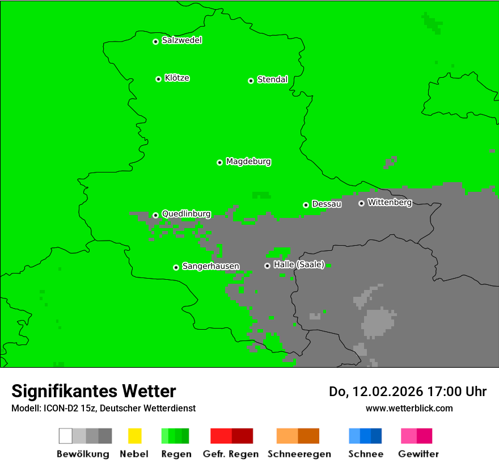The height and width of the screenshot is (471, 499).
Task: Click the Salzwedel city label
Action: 181,40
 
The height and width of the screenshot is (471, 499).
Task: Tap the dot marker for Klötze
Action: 158,79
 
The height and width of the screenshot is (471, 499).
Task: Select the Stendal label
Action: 272,79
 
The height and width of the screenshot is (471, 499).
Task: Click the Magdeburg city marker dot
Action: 219,162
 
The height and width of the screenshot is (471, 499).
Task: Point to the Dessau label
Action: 327,204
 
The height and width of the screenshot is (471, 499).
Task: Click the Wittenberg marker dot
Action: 361,203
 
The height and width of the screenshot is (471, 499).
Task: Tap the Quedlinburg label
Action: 186,214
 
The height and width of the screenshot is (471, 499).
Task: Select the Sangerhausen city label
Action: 210,266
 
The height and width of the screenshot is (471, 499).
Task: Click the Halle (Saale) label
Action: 299,264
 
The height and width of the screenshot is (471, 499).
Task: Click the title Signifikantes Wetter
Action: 94,391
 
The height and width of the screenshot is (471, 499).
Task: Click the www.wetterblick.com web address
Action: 409,408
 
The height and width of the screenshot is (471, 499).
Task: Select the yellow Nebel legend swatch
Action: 134,436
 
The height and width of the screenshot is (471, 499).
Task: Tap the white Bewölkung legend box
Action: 65,436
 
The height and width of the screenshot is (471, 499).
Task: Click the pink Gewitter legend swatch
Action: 409,436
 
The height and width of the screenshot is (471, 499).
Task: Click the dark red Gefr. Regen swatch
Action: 242,436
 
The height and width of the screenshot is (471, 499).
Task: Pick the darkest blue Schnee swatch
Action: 377,436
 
